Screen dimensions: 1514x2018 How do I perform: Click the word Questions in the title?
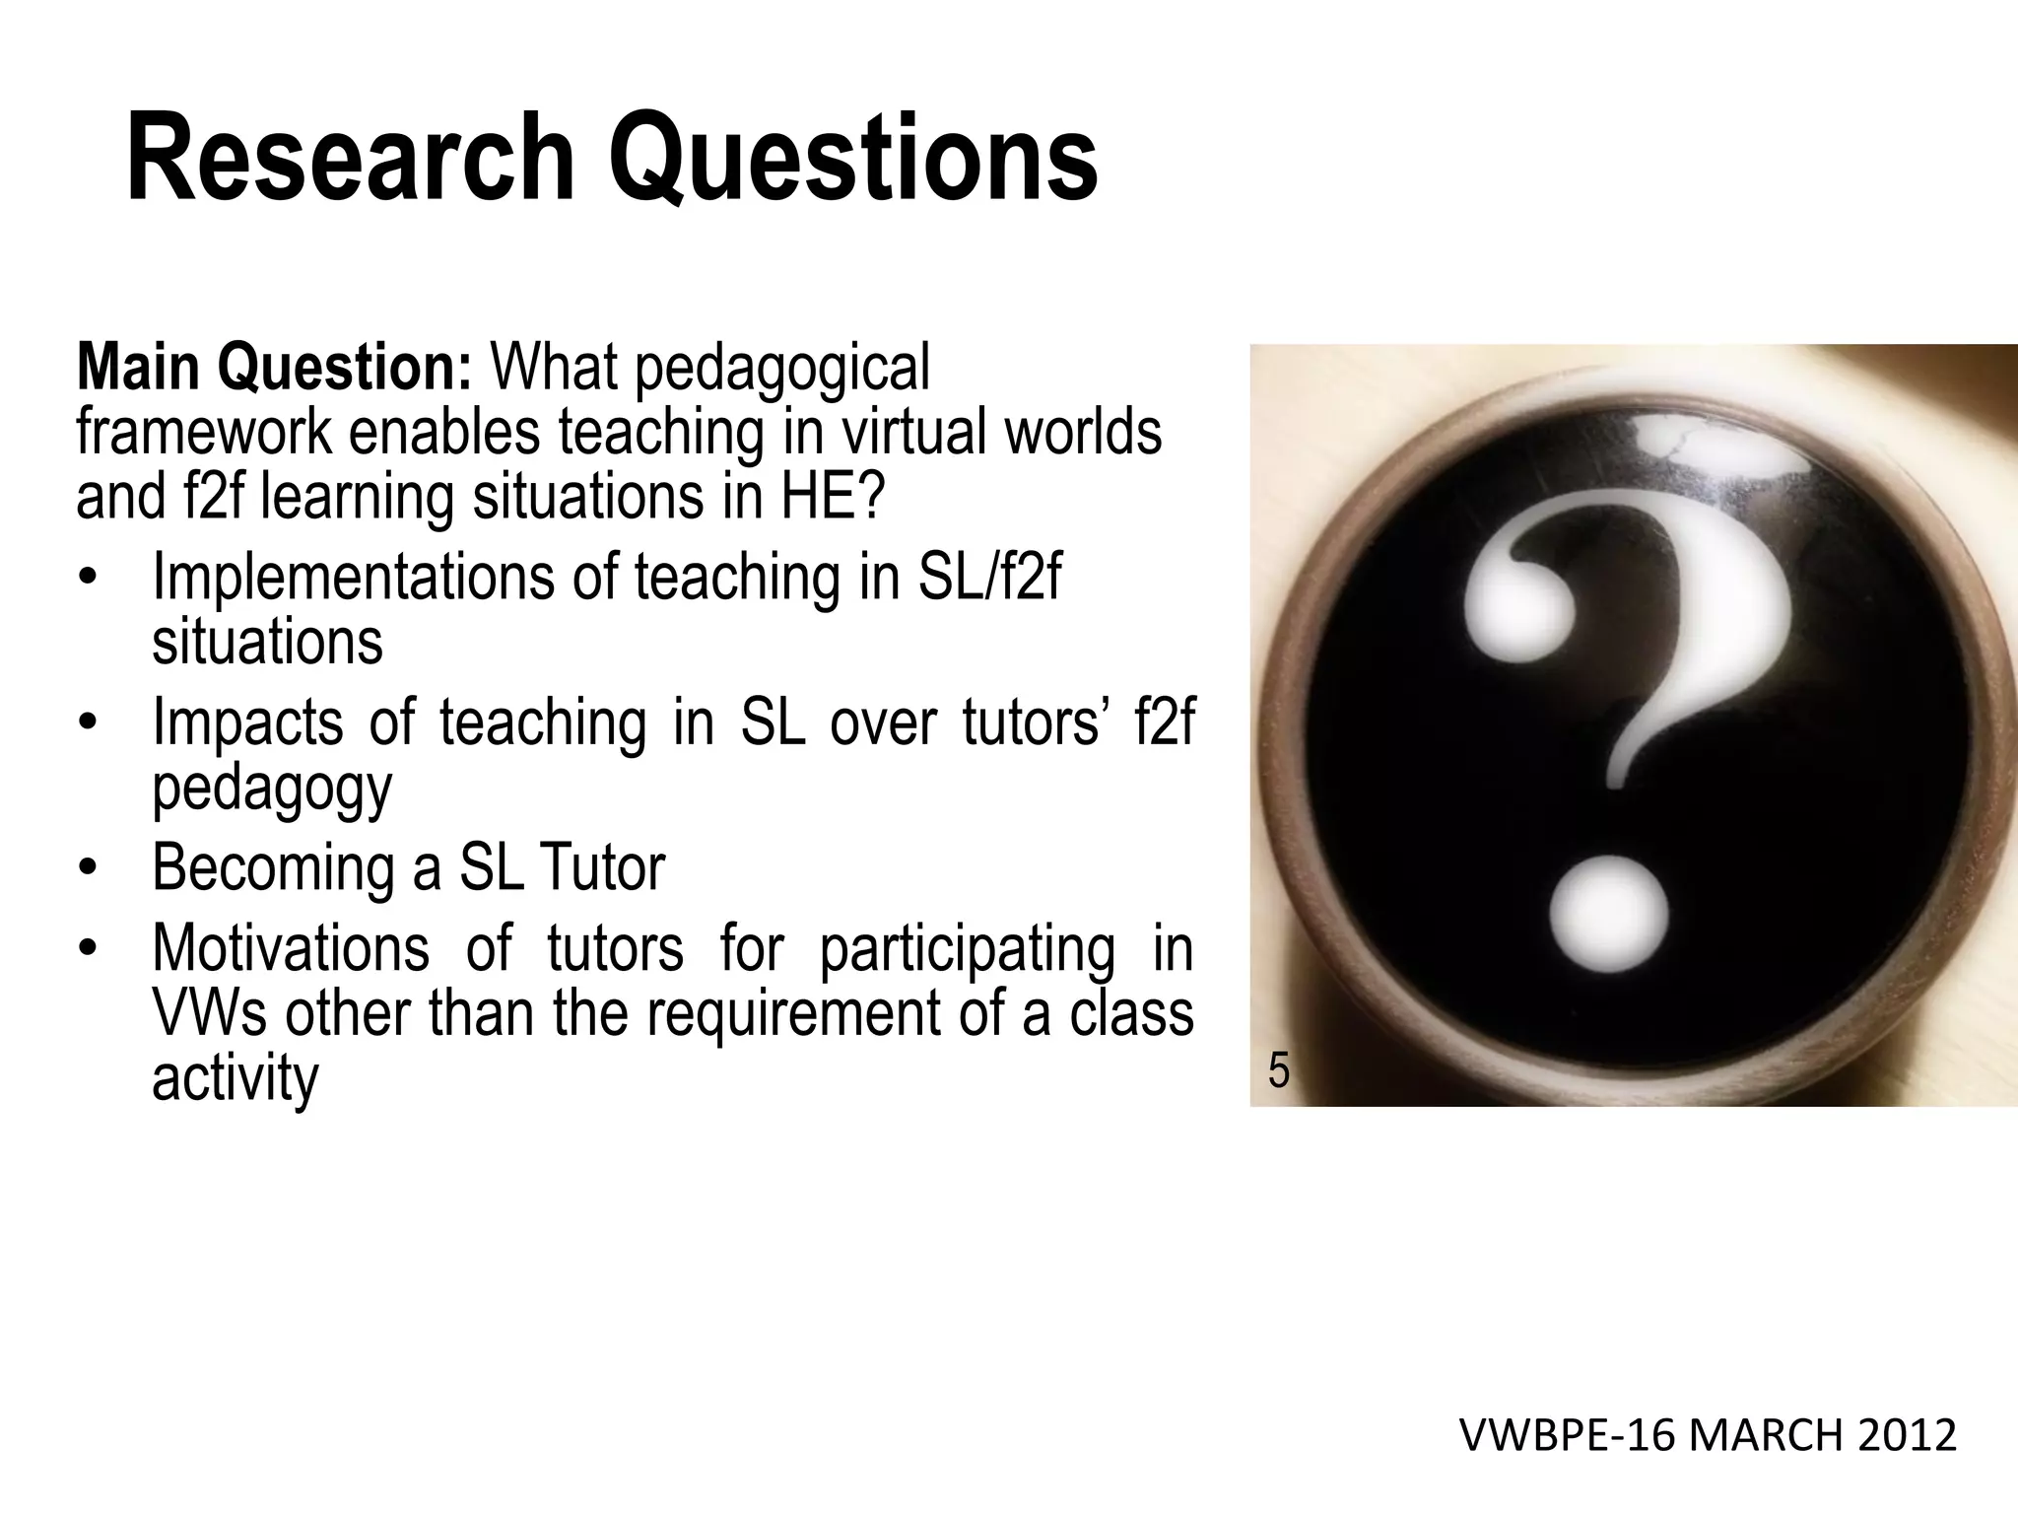click(x=853, y=158)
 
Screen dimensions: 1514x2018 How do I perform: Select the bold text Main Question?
click(x=276, y=369)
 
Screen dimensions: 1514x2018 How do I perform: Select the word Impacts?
click(x=247, y=723)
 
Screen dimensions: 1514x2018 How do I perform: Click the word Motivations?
click(x=291, y=948)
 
